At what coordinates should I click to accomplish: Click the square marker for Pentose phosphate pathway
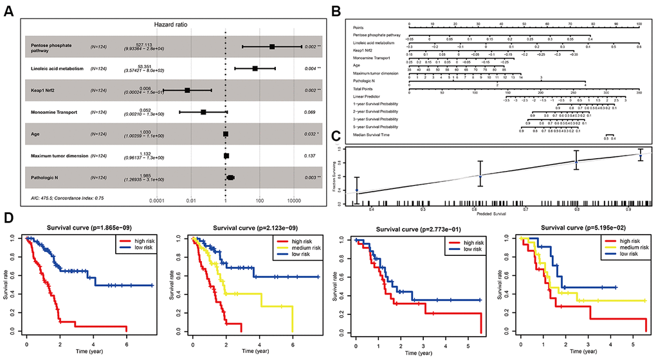[x=273, y=47]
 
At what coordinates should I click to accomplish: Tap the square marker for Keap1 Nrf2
[x=187, y=90]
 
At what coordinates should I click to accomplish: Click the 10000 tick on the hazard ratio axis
[x=295, y=201]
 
